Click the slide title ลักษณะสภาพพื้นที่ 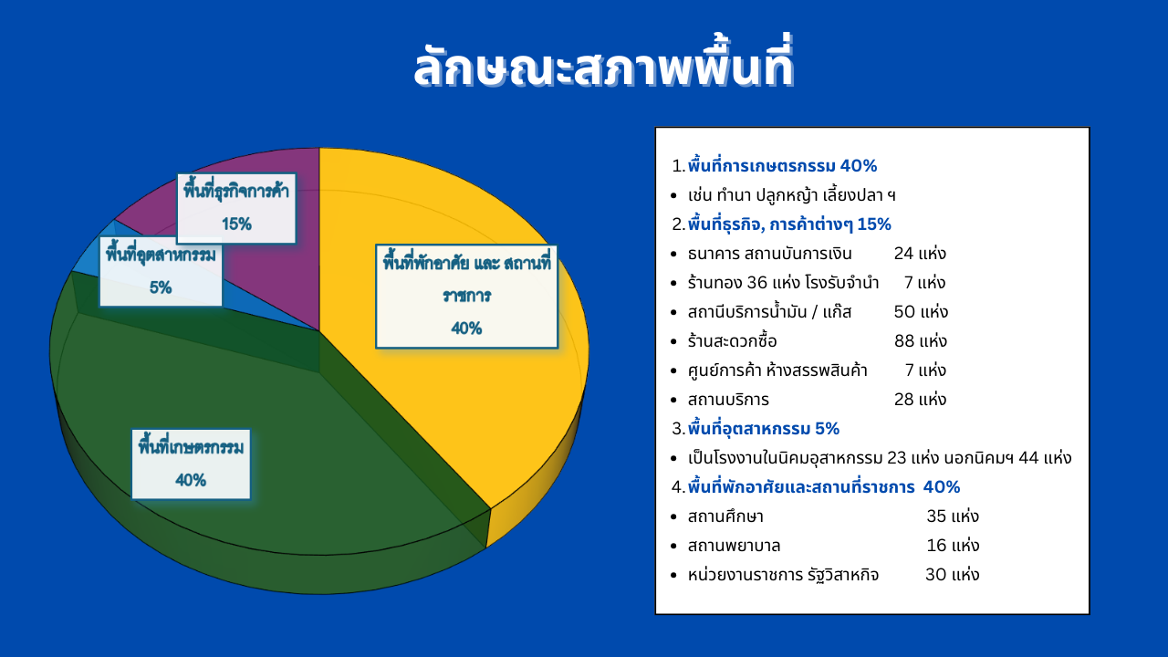603,64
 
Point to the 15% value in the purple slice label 236,224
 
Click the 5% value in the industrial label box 161,287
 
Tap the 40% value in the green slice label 191,480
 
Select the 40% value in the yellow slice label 466,328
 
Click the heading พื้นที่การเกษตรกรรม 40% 782,166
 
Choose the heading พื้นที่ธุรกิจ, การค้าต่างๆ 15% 789,224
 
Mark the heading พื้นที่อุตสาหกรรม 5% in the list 764,429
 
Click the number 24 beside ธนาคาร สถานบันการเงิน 903,254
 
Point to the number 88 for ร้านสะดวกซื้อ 904,341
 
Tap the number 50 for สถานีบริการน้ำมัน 904,312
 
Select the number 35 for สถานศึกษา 936,516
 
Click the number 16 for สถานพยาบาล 936,546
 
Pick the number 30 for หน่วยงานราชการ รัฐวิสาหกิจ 936,575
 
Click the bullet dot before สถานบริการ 673,400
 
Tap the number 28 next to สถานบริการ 904,400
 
